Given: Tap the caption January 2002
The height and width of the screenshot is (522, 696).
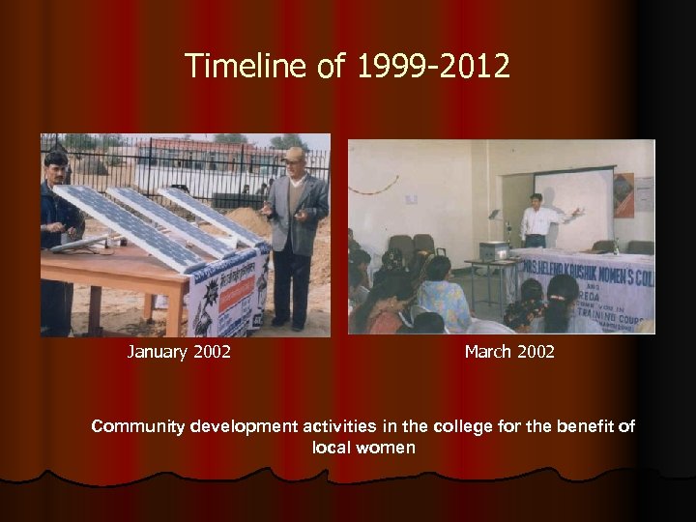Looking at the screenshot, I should (179, 352).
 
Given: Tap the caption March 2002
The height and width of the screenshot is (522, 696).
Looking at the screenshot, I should (509, 352).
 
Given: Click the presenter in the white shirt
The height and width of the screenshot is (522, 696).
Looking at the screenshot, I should (536, 220).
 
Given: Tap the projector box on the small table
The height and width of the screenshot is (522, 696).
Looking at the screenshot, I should (495, 250).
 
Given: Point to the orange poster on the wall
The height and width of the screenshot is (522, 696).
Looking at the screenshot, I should (623, 194).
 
